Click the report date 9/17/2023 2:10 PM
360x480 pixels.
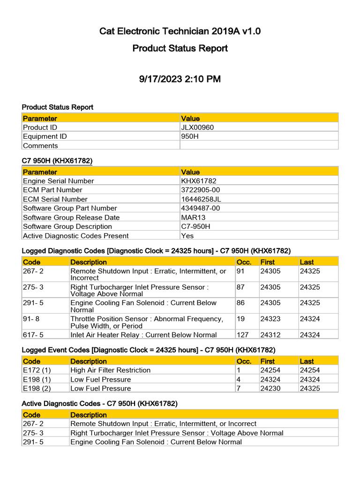pyautogui.click(x=180, y=79)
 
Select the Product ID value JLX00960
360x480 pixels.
pyautogui.click(x=197, y=127)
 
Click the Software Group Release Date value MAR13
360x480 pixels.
pyautogui.click(x=192, y=217)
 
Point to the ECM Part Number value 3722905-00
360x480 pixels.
pyautogui.click(x=200, y=190)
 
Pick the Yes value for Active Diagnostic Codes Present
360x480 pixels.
pyautogui.click(x=187, y=236)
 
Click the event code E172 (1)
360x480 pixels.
pyautogui.click(x=37, y=370)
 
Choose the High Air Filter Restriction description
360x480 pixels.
pyautogui.click(x=111, y=370)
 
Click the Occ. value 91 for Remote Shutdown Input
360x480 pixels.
pyautogui.click(x=241, y=271)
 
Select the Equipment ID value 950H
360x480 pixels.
pyautogui.click(x=190, y=136)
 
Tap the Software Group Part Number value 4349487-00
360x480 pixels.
pyautogui.click(x=200, y=208)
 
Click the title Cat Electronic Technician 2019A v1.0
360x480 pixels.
pyautogui.click(x=180, y=31)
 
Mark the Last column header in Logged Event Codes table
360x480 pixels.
pyautogui.click(x=307, y=361)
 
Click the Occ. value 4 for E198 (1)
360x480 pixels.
pyautogui.click(x=239, y=379)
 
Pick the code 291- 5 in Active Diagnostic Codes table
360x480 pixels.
pyautogui.click(x=33, y=442)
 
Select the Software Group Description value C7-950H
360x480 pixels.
pyautogui.click(x=195, y=226)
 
